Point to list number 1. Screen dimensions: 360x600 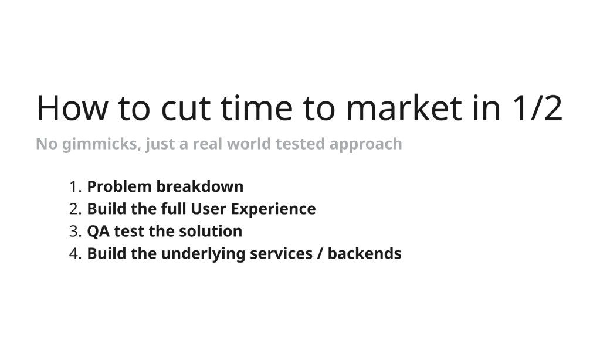(75, 187)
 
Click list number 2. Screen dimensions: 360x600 (75, 209)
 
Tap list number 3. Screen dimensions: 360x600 (75, 232)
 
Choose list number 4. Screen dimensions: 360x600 (75, 254)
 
